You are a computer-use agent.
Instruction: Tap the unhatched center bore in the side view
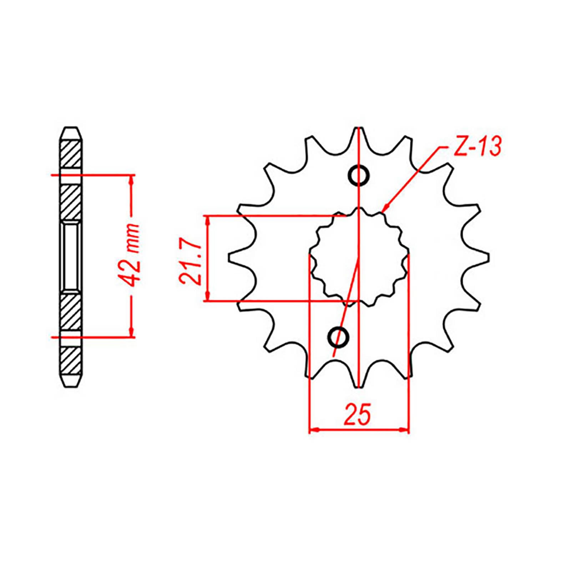(x=71, y=257)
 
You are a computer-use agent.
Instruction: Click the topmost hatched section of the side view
(x=71, y=153)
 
